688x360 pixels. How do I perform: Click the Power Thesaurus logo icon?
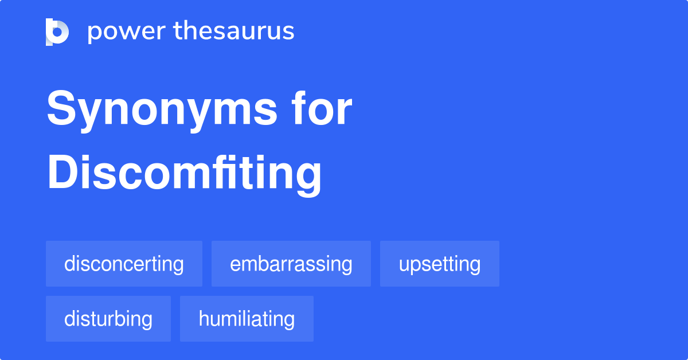pos(57,32)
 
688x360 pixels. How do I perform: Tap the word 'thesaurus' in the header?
pos(234,32)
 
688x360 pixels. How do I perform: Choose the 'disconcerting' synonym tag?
pos(124,264)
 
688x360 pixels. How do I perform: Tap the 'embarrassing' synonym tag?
pos(291,264)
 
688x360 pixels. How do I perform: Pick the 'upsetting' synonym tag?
pos(439,264)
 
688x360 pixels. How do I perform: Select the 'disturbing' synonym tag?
pos(108,319)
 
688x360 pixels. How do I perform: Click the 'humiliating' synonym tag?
pos(247,319)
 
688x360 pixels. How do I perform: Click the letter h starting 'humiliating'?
pos(204,319)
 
